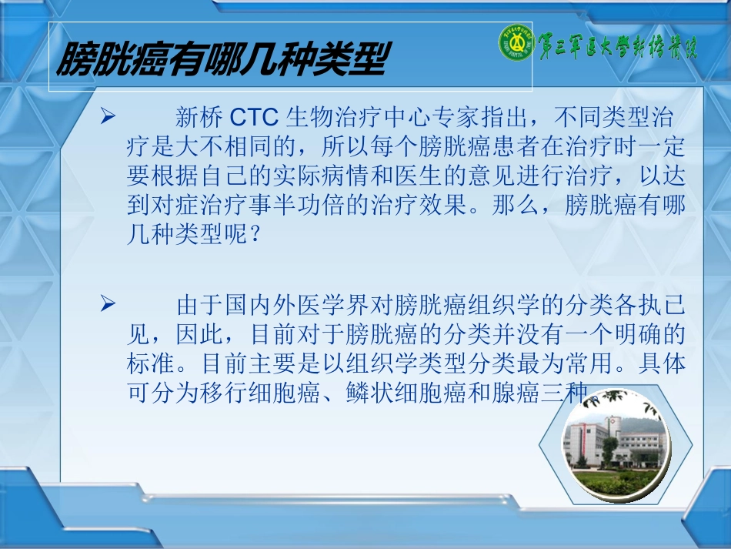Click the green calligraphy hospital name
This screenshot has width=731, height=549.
[616, 47]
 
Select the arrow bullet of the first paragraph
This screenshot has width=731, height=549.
[108, 117]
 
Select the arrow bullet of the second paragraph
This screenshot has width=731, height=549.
[108, 306]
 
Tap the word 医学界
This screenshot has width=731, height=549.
[321, 306]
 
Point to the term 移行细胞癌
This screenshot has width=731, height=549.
[265, 393]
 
